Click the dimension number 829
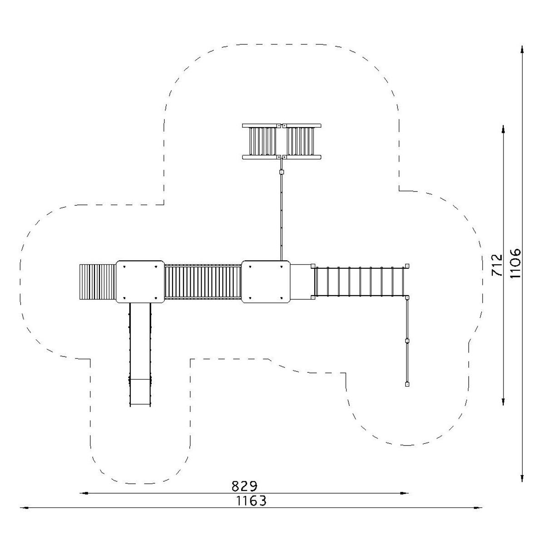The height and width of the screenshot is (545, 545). [244, 486]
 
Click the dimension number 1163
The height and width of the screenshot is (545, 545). [252, 501]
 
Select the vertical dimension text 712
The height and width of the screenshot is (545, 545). [497, 265]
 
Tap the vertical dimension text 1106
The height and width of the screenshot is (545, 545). [515, 263]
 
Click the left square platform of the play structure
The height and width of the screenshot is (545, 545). [140, 282]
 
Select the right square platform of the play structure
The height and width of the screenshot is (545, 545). [266, 282]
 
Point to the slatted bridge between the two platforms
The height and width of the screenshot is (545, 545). [203, 282]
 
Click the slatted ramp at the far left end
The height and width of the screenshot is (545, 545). [98, 282]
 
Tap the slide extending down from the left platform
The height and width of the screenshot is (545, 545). [140, 355]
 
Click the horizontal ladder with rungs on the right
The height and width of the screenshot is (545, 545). [360, 282]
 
